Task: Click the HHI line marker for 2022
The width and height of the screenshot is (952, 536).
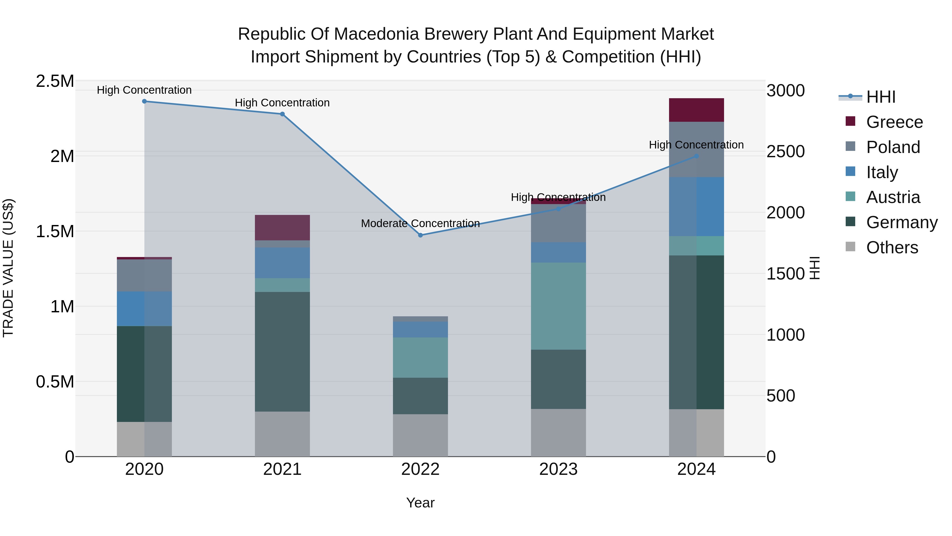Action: (x=420, y=235)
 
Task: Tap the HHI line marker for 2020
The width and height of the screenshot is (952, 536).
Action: (x=144, y=101)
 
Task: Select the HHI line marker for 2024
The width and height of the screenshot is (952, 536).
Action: (x=696, y=156)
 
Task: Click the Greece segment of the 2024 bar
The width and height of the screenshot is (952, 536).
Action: (x=696, y=110)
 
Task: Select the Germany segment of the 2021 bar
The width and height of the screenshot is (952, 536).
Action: (x=282, y=352)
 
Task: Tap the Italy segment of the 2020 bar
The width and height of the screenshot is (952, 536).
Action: (x=144, y=309)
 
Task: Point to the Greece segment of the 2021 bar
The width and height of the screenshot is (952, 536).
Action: (x=282, y=227)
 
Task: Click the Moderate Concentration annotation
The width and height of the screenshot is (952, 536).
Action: (x=420, y=223)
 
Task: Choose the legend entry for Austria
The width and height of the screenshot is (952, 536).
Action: (x=892, y=197)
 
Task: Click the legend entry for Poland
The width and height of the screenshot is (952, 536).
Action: (x=892, y=147)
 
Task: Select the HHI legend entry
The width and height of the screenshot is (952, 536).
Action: (x=880, y=97)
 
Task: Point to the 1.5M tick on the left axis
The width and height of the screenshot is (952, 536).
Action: (x=55, y=232)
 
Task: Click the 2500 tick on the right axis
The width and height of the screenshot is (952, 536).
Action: (x=785, y=152)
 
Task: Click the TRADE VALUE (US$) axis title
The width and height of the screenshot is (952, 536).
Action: (x=8, y=268)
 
